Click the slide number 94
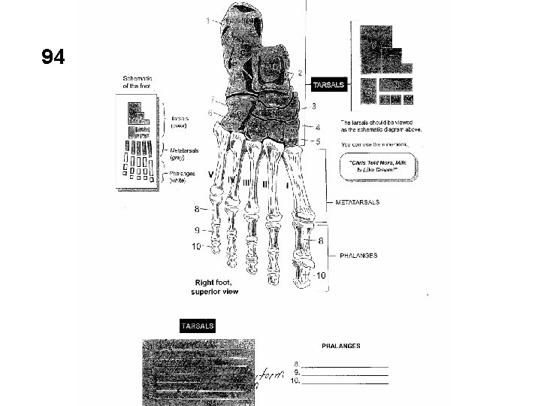click(53, 57)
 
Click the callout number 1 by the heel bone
click(207, 20)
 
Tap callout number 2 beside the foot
click(301, 73)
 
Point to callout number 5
click(318, 141)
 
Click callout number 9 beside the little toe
click(196, 229)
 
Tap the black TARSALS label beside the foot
click(328, 85)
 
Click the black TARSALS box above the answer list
click(197, 326)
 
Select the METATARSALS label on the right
click(357, 202)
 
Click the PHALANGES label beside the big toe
click(358, 256)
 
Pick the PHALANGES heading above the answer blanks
click(340, 346)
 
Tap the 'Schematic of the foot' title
click(140, 82)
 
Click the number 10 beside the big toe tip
click(321, 276)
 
